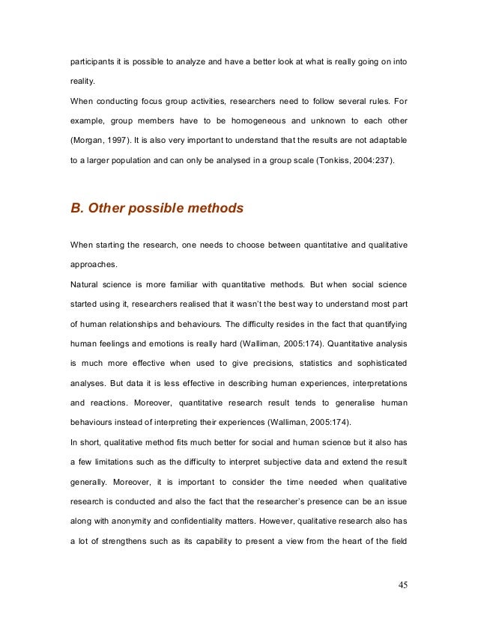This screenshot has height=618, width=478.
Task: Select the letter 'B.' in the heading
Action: pos(76,209)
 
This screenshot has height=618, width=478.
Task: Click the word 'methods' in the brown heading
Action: pos(217,209)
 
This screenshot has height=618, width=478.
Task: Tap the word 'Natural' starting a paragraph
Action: pos(86,284)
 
